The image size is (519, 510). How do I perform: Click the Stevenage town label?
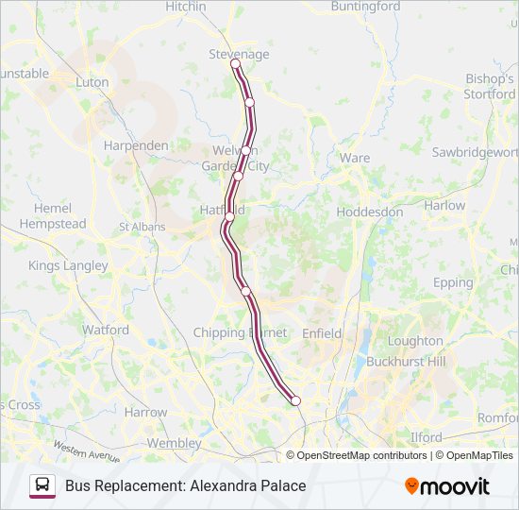pyautogui.click(x=238, y=54)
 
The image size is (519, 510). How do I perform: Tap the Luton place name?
pyautogui.click(x=92, y=82)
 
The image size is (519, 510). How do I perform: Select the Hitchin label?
pyautogui.click(x=185, y=7)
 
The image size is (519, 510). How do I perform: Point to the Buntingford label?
pyautogui.click(x=365, y=7)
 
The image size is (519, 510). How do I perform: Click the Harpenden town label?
pyautogui.click(x=136, y=145)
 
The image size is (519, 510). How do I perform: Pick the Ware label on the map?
pyautogui.click(x=355, y=158)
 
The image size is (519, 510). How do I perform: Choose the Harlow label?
pyautogui.click(x=444, y=205)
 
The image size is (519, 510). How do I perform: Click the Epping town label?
pyautogui.click(x=453, y=282)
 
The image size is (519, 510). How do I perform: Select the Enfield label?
pyautogui.click(x=322, y=333)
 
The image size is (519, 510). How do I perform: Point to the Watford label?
pyautogui.click(x=106, y=331)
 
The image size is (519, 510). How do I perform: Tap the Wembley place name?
pyautogui.click(x=175, y=442)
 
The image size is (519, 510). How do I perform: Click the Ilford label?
pyautogui.click(x=427, y=437)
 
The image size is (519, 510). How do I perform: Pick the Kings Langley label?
pyautogui.click(x=68, y=265)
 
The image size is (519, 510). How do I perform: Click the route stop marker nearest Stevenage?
pyautogui.click(x=236, y=64)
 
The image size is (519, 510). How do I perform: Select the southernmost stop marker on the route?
pyautogui.click(x=295, y=400)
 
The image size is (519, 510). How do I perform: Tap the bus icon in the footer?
pyautogui.click(x=42, y=485)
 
